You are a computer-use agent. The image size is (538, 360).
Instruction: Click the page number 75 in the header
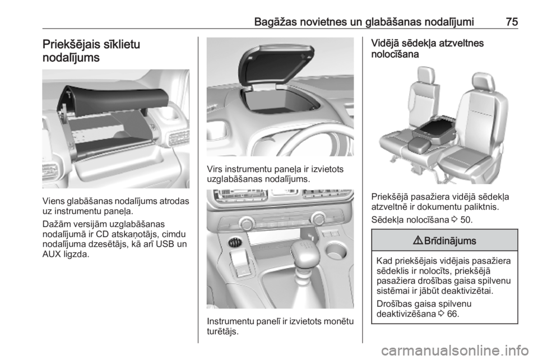[512, 22]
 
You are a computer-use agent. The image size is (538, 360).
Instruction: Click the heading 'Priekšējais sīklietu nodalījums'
[91, 51]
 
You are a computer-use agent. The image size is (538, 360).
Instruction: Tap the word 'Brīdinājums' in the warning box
[450, 241]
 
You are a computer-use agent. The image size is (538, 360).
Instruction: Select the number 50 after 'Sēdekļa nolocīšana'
[466, 220]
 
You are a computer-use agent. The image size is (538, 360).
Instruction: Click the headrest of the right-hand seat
[483, 81]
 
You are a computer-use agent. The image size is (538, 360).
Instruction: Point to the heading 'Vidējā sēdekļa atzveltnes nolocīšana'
[428, 49]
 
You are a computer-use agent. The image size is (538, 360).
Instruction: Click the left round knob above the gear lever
[247, 224]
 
